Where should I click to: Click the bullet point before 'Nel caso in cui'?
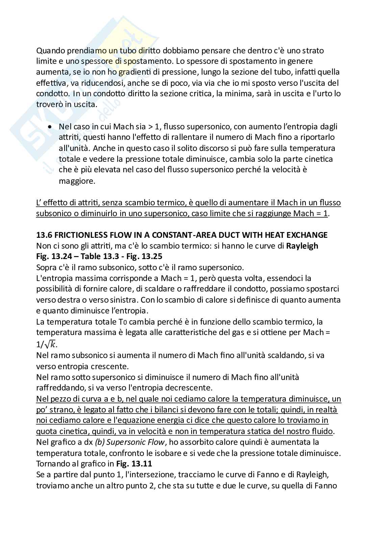click(x=50, y=127)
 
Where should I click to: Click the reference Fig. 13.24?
click(x=55, y=257)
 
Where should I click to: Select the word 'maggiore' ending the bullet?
click(x=77, y=181)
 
